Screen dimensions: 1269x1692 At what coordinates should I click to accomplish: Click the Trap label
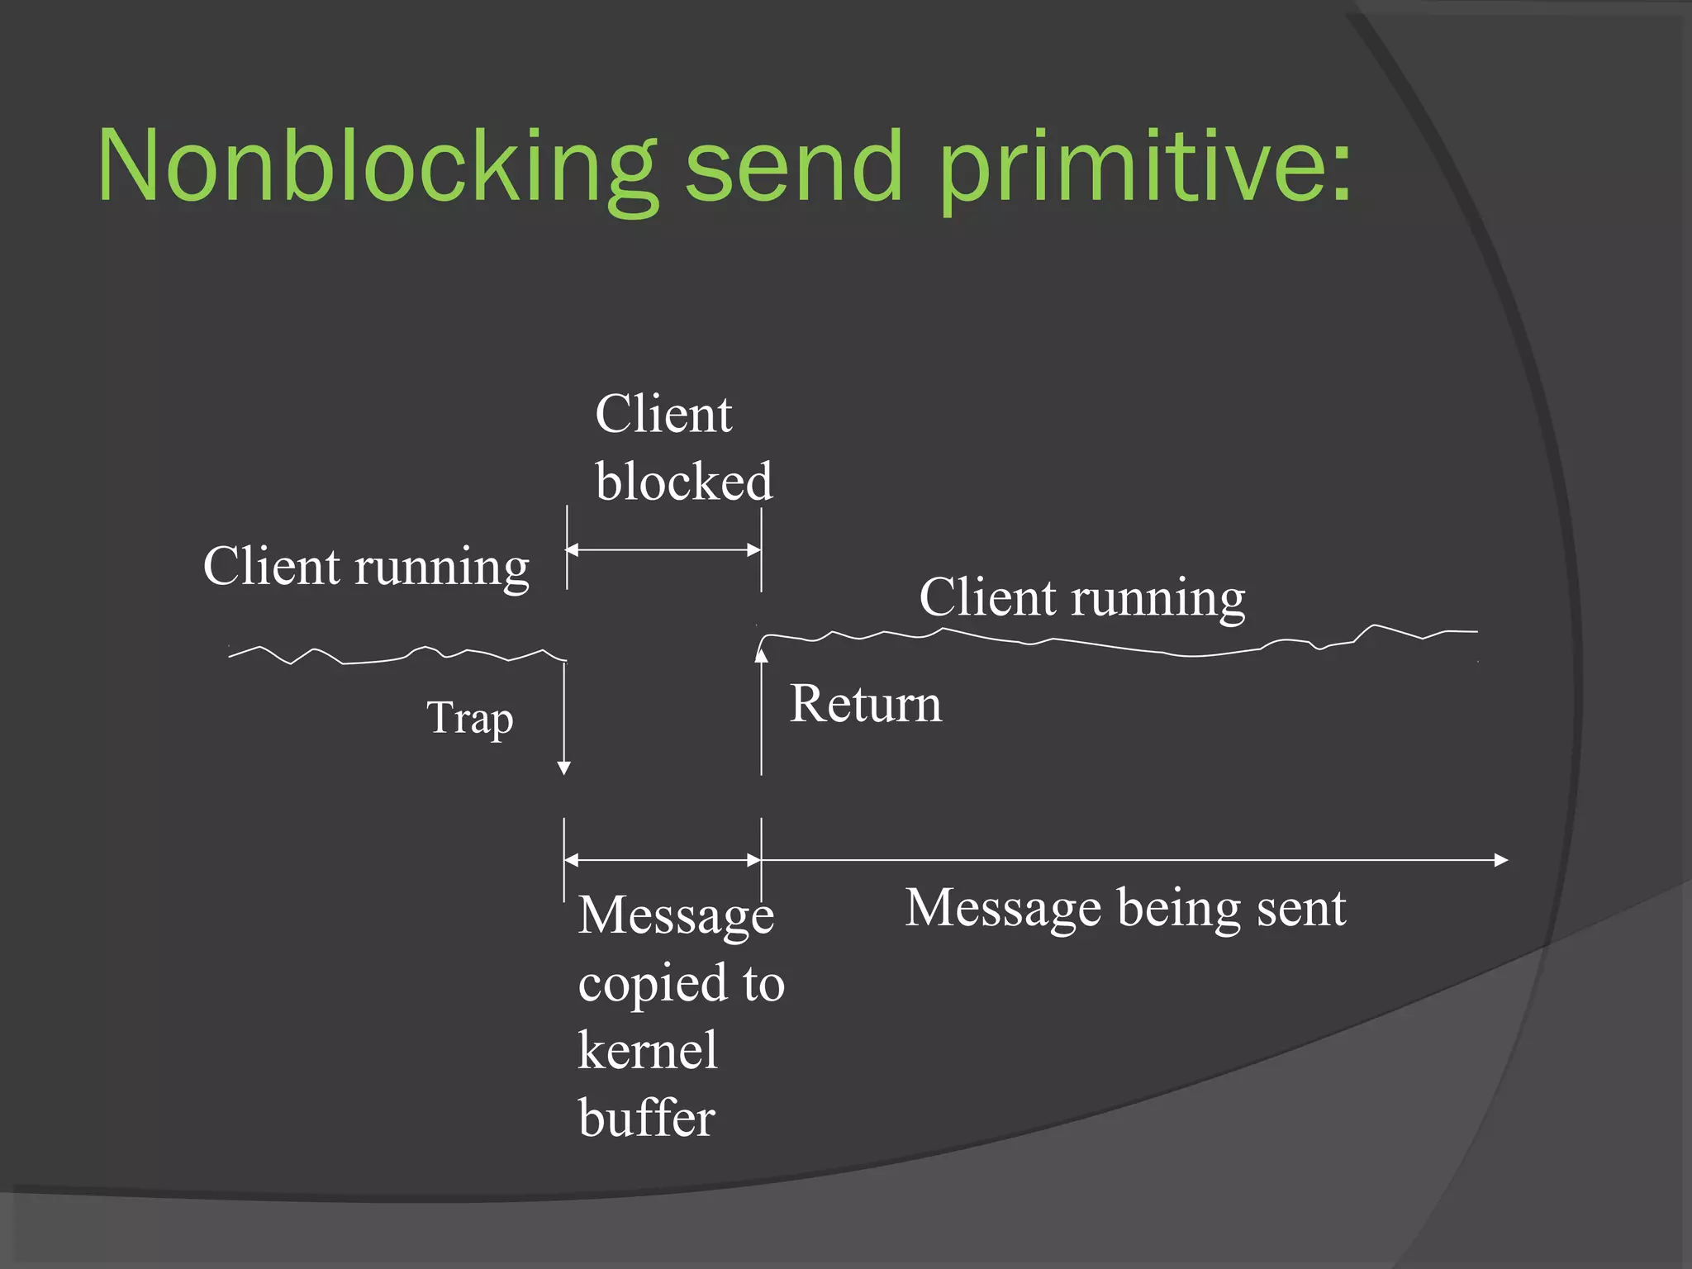coord(469,717)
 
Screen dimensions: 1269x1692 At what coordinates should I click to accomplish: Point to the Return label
coord(865,704)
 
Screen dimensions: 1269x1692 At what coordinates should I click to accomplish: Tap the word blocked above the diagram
coord(684,481)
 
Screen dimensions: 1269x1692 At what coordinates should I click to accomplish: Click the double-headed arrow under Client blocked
coord(663,549)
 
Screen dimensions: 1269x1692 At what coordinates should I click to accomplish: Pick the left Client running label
coord(366,567)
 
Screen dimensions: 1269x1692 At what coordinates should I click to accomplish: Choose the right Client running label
coord(1081,597)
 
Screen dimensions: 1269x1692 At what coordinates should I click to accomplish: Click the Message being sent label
coord(1125,908)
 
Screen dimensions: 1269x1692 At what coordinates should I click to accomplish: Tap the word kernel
coord(648,1051)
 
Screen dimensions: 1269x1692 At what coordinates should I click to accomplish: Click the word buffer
coord(647,1119)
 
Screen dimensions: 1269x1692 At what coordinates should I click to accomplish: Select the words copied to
coord(681,983)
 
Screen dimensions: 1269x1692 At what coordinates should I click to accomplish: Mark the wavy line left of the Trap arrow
coord(397,655)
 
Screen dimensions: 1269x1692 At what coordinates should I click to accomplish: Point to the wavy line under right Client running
coord(1115,642)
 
